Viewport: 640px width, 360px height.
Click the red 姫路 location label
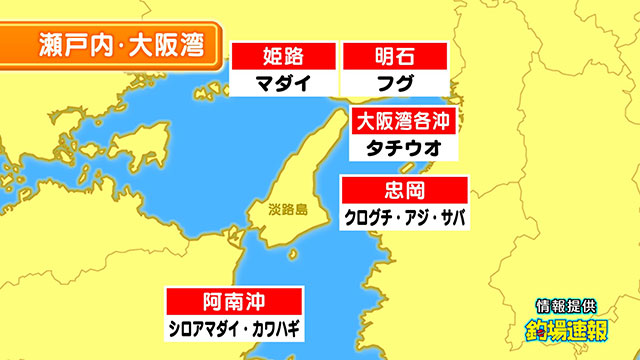click(282, 56)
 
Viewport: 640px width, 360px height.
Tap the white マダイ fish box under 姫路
click(282, 82)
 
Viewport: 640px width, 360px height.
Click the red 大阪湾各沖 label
click(406, 122)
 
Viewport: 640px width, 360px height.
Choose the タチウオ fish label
click(406, 148)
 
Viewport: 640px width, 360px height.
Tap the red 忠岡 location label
click(404, 190)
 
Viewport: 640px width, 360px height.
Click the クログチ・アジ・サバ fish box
click(404, 216)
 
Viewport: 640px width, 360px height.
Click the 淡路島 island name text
click(287, 211)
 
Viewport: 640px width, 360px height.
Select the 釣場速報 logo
click(567, 330)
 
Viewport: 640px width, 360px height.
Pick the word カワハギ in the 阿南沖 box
click(273, 327)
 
